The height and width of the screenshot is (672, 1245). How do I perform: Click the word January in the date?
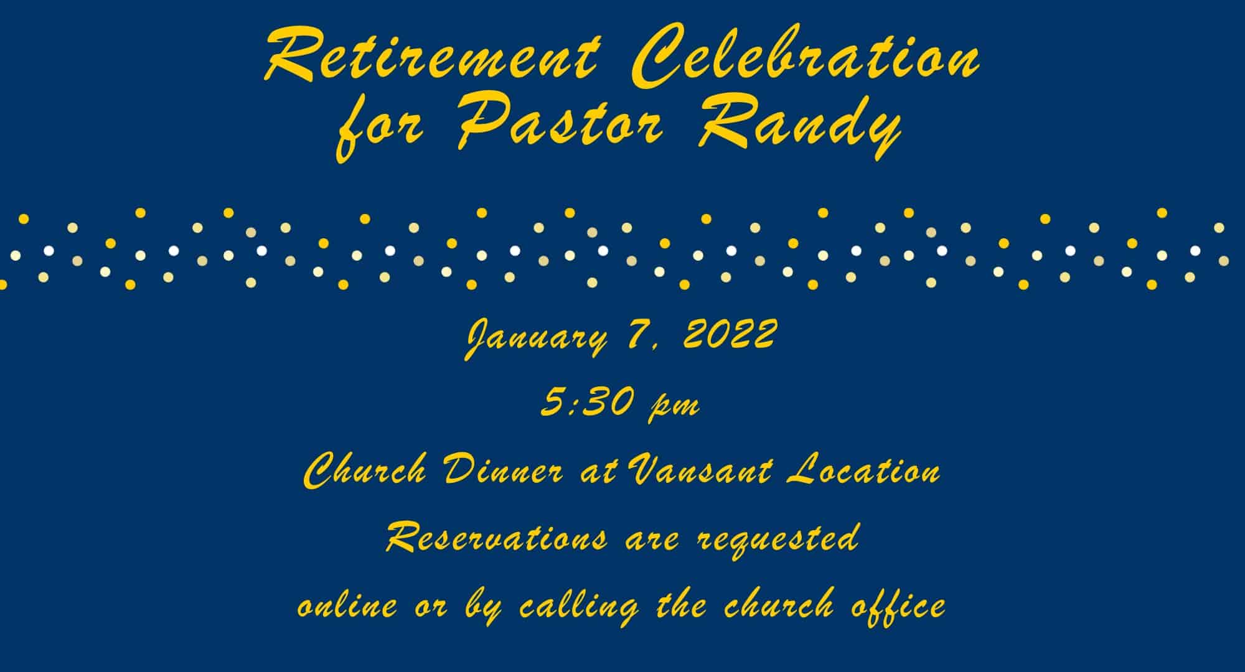tap(535, 339)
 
